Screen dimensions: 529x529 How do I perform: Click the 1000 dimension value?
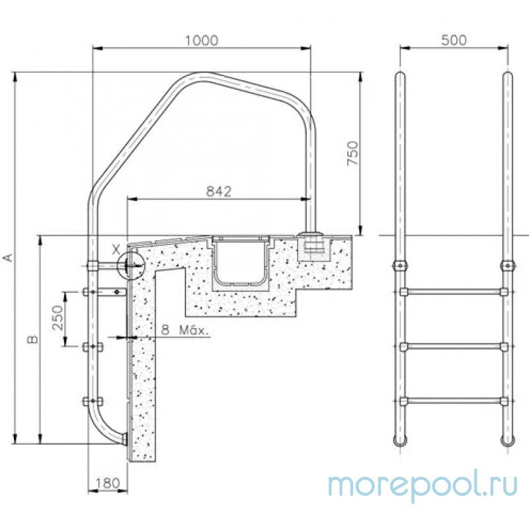[x=202, y=40]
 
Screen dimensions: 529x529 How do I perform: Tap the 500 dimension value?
[x=454, y=40]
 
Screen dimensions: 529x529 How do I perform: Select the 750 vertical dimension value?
[x=352, y=153]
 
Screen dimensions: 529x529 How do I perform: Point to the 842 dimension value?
[x=219, y=191]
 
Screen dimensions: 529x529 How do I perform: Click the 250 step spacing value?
[x=58, y=317]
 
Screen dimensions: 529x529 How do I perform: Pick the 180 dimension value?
[x=108, y=483]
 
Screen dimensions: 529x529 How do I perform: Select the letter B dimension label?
[x=32, y=339]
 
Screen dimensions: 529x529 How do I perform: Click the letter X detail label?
[x=116, y=250]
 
